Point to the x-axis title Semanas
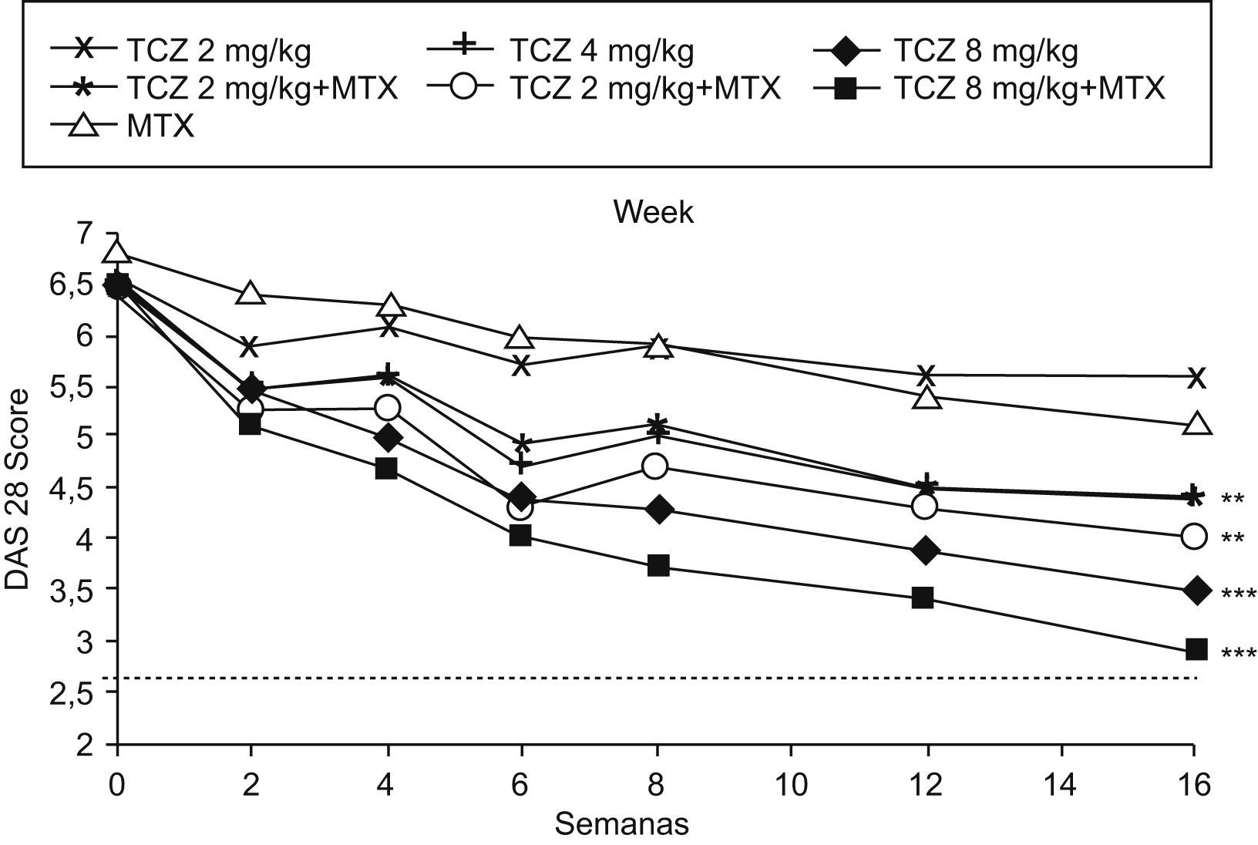pyautogui.click(x=621, y=825)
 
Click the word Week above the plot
pyautogui.click(x=654, y=213)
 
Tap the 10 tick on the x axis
pyautogui.click(x=790, y=786)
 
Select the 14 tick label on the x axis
pyautogui.click(x=1060, y=786)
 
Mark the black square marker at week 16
pyautogui.click(x=1196, y=649)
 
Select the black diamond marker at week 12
pyautogui.click(x=926, y=550)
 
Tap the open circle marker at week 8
pyautogui.click(x=656, y=466)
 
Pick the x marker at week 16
pyautogui.click(x=1196, y=377)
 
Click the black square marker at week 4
pyautogui.click(x=386, y=468)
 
